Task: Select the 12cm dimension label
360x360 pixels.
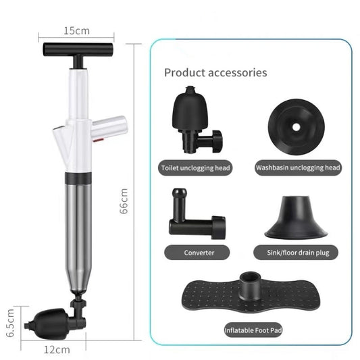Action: [58, 350]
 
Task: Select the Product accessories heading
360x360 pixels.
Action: [215, 72]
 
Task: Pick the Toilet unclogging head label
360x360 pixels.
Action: [196, 168]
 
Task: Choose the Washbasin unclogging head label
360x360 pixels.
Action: [298, 168]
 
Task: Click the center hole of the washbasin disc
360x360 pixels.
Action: [297, 127]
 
